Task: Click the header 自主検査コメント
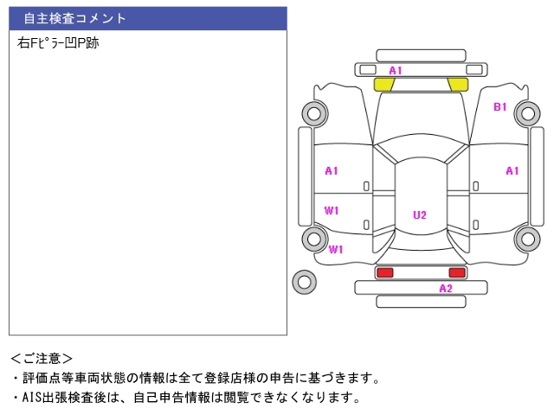(x=74, y=18)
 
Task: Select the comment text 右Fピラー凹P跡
(x=58, y=41)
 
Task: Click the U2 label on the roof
(x=420, y=215)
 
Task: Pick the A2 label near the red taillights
(x=446, y=288)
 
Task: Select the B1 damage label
(x=500, y=107)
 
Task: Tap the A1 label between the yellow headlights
(x=396, y=70)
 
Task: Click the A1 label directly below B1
(x=512, y=170)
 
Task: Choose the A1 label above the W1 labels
(x=332, y=170)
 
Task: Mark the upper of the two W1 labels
(x=332, y=210)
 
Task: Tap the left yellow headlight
(x=383, y=84)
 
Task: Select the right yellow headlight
(x=457, y=84)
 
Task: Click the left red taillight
(x=383, y=272)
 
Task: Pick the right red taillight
(x=456, y=272)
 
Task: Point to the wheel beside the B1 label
(x=526, y=112)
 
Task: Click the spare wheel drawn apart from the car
(x=305, y=281)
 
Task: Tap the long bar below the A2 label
(x=421, y=301)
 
